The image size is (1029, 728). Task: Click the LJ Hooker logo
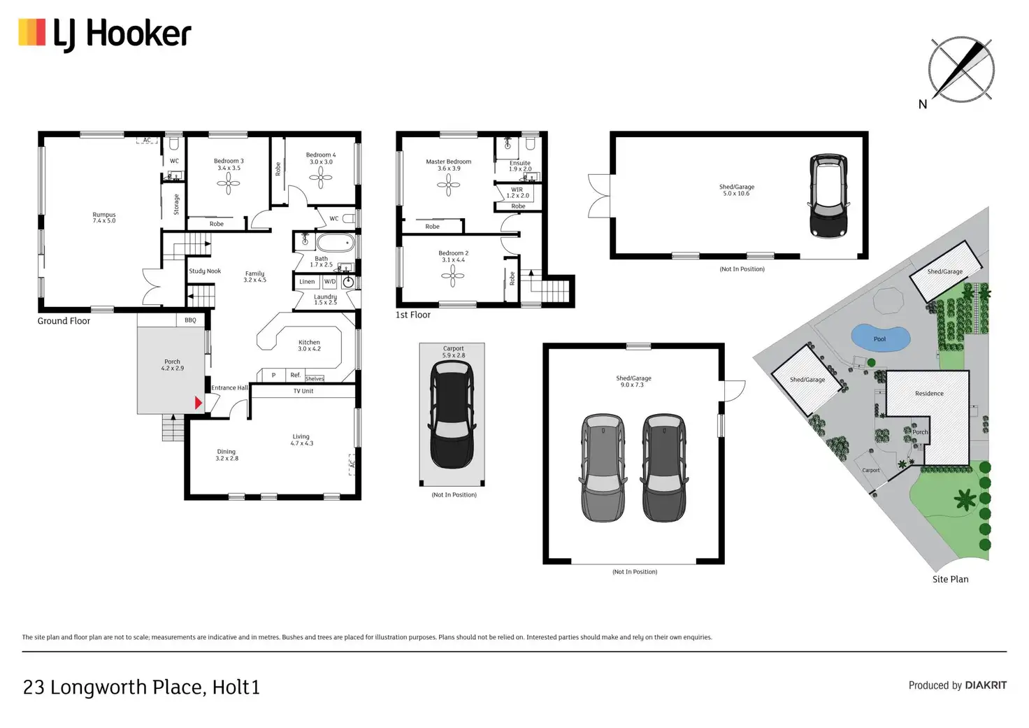point(105,34)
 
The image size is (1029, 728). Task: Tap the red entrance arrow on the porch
point(199,403)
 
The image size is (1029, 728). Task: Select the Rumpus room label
point(104,217)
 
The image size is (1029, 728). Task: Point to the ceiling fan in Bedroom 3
point(229,184)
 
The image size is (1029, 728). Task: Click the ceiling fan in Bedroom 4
point(321,178)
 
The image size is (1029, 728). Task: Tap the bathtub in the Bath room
point(336,243)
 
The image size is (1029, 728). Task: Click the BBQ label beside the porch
point(190,320)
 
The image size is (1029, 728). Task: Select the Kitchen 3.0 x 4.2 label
point(309,345)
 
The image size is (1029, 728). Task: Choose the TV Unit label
point(303,391)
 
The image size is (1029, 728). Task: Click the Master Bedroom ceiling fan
point(448,185)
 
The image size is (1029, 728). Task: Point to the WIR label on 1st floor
point(517,190)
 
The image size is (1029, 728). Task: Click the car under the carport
point(452,415)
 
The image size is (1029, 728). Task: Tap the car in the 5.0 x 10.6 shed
point(828,196)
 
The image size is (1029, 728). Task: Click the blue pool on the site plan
point(880,338)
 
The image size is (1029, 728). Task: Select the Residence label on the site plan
point(929,394)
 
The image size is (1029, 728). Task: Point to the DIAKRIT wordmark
point(986,685)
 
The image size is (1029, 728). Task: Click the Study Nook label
point(205,271)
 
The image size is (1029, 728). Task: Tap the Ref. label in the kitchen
point(296,375)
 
